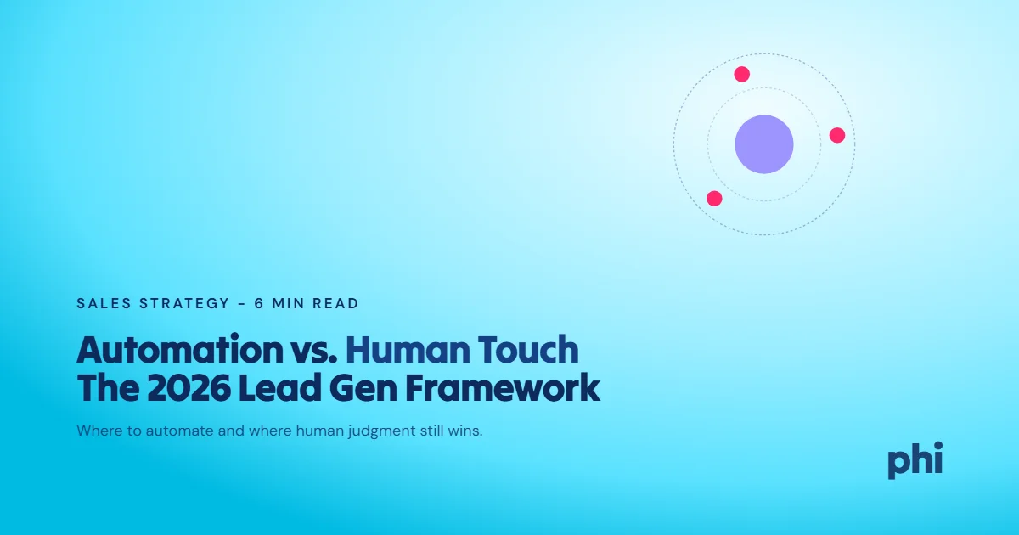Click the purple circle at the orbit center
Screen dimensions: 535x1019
(x=764, y=144)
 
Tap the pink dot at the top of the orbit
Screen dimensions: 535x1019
(x=742, y=74)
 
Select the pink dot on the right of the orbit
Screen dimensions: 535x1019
(x=837, y=135)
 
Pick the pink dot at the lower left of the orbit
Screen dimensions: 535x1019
(x=714, y=198)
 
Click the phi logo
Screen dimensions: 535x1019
(x=915, y=460)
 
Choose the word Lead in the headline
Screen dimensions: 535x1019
(x=271, y=388)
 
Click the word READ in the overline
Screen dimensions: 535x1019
(x=336, y=303)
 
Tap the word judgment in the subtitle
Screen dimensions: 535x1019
(x=377, y=431)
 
